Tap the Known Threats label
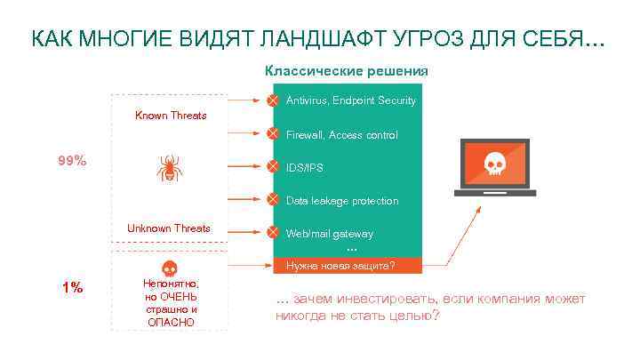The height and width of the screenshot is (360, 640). coord(171,116)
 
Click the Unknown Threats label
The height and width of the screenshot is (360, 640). coord(169,228)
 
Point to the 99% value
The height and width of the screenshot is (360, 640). coord(72,161)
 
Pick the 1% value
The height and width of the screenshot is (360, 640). coord(72,287)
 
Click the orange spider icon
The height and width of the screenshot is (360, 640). coord(169,167)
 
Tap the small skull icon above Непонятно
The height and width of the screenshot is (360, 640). coord(169,268)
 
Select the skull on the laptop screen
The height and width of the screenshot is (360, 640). coord(494,164)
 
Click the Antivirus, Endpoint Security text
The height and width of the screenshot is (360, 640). coord(350,100)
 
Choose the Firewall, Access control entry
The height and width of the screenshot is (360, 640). coord(341,135)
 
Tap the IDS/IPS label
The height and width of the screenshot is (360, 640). coord(305,167)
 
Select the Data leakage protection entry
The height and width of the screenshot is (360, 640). coord(341,201)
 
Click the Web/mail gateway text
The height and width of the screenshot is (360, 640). coord(329,234)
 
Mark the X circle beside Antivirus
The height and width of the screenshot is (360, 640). coord(273,100)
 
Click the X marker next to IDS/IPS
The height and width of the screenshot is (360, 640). coord(273,166)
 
